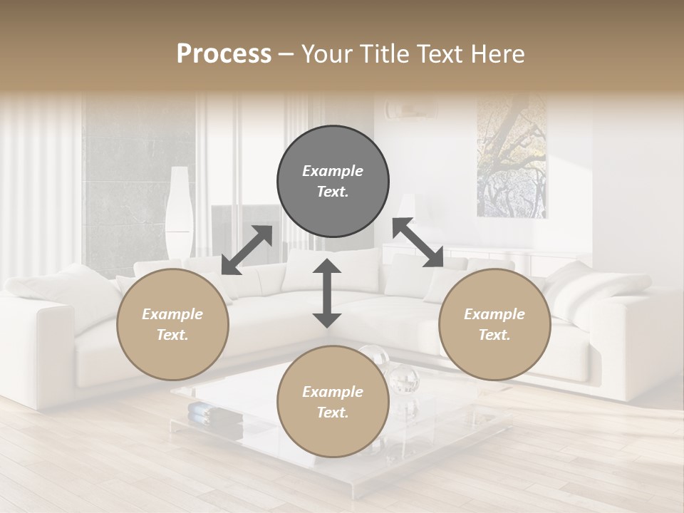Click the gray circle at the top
tap(333, 182)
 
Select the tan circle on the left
tap(172, 324)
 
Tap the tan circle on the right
tap(494, 324)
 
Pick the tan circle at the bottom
tap(333, 402)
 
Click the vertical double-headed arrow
tap(327, 293)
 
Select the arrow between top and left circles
tap(247, 250)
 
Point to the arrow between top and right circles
tap(418, 242)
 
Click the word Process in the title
tap(224, 53)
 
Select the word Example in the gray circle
tap(333, 171)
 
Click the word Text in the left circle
tap(172, 335)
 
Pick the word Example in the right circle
tap(494, 314)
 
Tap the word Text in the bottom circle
tap(333, 413)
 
